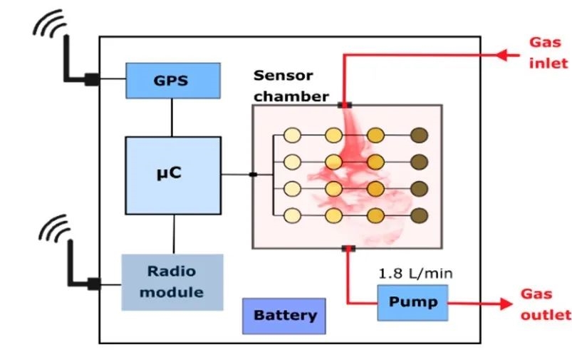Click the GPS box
[x=171, y=80]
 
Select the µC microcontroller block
[x=172, y=175]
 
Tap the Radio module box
[x=172, y=282]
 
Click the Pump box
[x=413, y=302]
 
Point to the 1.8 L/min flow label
[x=415, y=273]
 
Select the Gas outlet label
[x=546, y=304]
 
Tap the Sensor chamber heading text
[x=291, y=86]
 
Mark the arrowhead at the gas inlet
[x=505, y=54]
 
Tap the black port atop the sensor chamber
[x=345, y=105]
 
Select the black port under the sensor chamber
[x=348, y=248]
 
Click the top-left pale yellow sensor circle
[x=291, y=135]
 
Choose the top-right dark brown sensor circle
[x=419, y=135]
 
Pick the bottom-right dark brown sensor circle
[x=419, y=215]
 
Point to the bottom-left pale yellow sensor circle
[x=291, y=215]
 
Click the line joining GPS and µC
[x=172, y=117]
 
